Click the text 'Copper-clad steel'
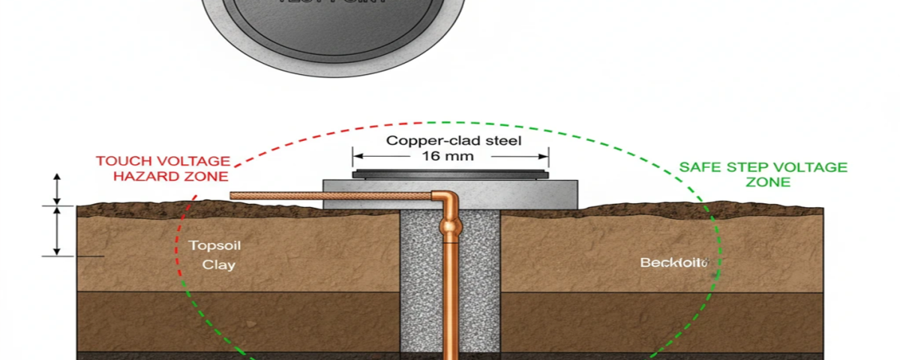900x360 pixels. tap(453, 140)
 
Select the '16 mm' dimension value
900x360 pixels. tap(451, 157)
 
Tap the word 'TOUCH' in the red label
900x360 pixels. tap(127, 160)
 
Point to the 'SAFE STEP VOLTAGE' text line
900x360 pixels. tap(763, 167)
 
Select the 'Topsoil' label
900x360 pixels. tap(215, 246)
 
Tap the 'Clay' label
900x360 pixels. tap(219, 264)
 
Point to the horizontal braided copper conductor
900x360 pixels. tap(330, 196)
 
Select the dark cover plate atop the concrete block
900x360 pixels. tap(450, 174)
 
